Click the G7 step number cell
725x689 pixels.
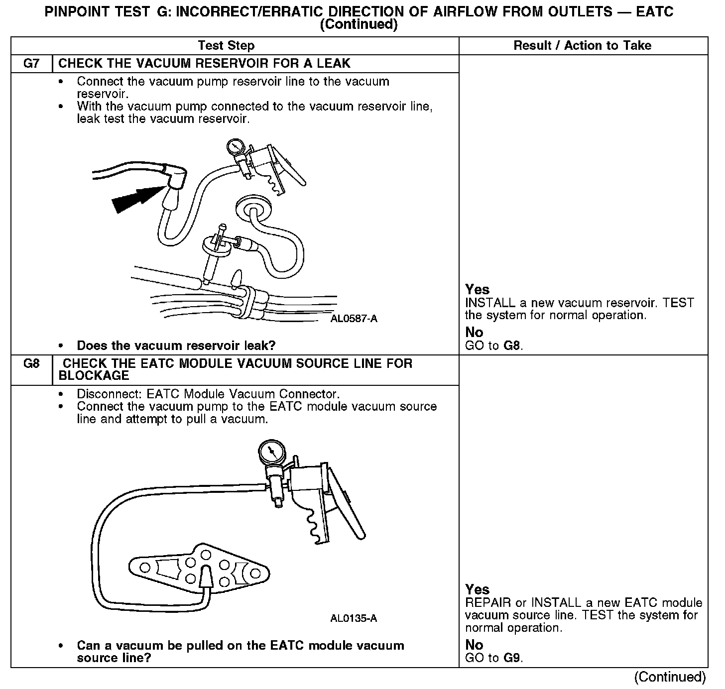tap(31, 64)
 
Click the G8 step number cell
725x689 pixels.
tap(31, 364)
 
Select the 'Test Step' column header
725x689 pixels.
tap(226, 46)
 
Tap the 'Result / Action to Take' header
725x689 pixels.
tap(582, 46)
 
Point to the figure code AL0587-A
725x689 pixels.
tap(354, 319)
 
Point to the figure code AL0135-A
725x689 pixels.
tap(354, 619)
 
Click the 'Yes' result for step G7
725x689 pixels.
tap(477, 289)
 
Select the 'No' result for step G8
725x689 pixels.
tap(474, 645)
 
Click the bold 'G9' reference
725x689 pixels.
tap(512, 658)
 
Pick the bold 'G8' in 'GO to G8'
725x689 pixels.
tap(512, 345)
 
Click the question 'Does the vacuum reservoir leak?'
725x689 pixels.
tap(176, 345)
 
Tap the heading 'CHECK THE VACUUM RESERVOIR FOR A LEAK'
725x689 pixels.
tap(204, 64)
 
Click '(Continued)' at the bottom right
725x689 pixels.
tap(670, 677)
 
